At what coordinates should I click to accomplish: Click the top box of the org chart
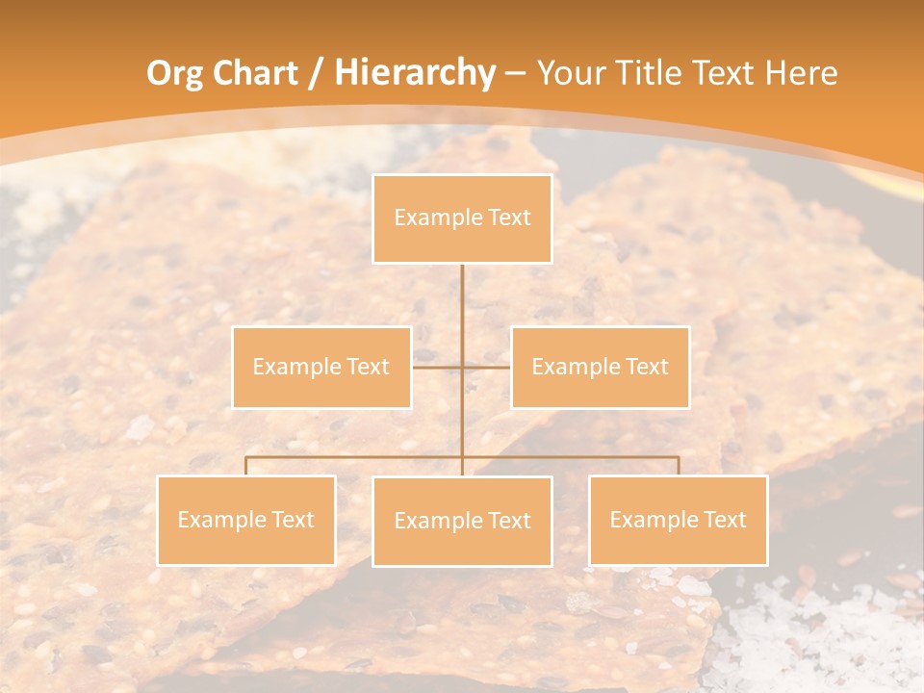[462, 218]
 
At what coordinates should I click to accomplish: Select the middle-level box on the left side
[321, 367]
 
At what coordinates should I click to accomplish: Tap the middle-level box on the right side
[600, 367]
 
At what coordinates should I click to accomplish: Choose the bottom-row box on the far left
[246, 520]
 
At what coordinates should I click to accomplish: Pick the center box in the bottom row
[462, 521]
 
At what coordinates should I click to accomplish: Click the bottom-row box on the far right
[678, 520]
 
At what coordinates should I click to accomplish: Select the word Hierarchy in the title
[414, 73]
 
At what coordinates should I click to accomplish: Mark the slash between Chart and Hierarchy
[317, 74]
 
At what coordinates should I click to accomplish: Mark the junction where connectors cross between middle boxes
[462, 367]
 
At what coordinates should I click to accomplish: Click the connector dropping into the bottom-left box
[246, 466]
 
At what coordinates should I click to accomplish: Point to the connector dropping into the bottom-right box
[678, 466]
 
